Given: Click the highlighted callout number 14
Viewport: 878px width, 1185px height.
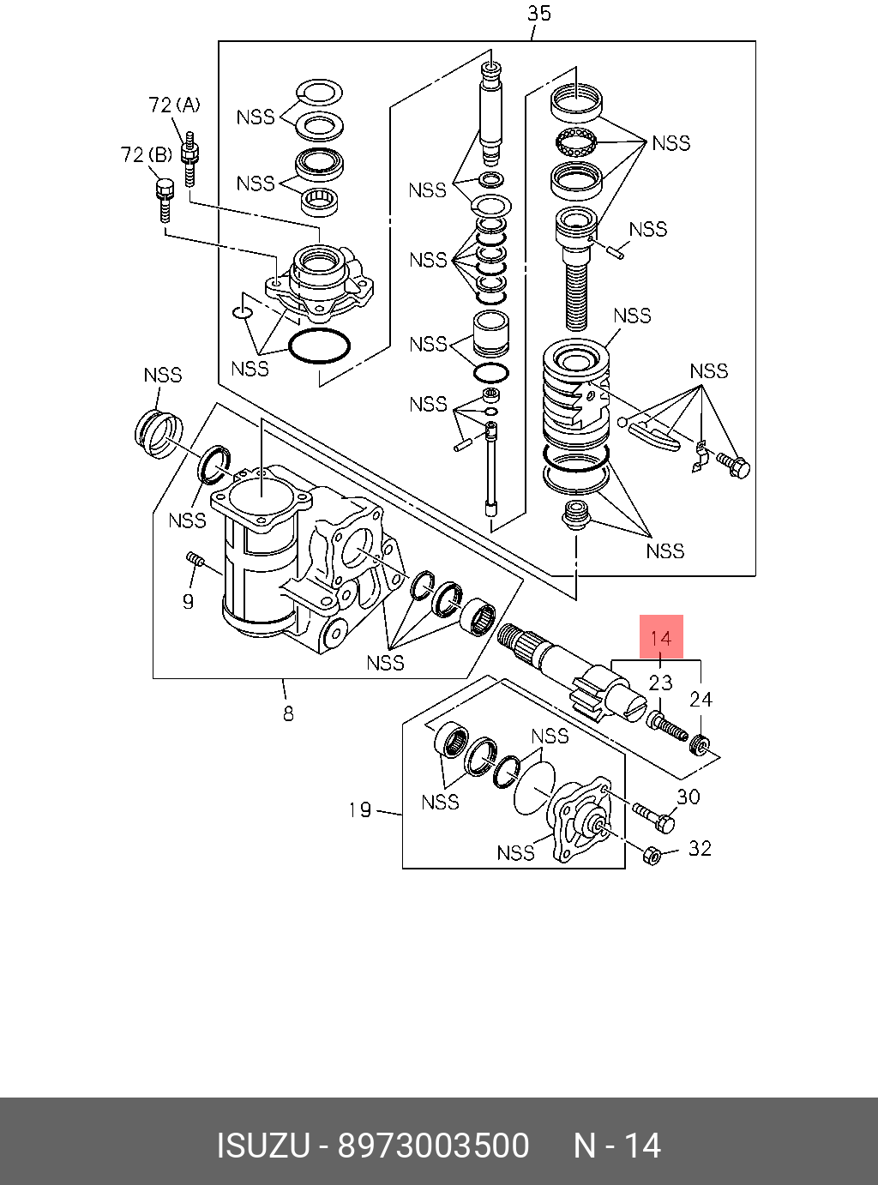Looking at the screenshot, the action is click(661, 639).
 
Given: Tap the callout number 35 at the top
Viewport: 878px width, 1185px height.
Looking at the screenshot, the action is click(538, 14).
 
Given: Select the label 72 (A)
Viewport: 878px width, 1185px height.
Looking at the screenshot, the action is click(174, 105).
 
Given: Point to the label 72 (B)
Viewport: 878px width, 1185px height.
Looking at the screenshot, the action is click(147, 155).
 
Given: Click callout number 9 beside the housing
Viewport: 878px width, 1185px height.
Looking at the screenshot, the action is click(188, 602).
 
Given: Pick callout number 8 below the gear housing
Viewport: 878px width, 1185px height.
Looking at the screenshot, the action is click(288, 713).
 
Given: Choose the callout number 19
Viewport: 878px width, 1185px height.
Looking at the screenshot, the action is click(359, 810).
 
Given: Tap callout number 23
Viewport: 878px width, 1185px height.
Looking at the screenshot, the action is click(660, 683).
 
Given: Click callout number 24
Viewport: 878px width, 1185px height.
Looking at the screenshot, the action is click(701, 700).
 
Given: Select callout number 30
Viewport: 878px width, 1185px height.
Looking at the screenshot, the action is click(689, 797).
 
